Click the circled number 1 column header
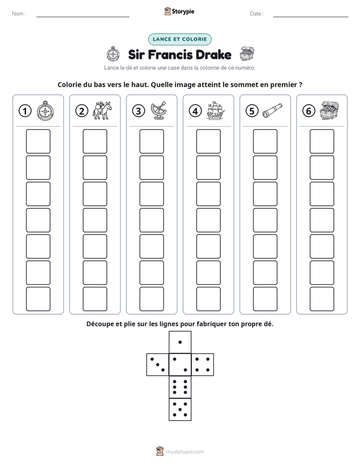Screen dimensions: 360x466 [25, 111]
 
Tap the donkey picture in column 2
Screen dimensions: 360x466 [102, 110]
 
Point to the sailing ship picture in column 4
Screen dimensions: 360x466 [215, 110]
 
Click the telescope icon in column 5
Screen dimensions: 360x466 [272, 110]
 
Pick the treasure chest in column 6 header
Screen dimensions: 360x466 [329, 110]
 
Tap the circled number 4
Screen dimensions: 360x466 [195, 111]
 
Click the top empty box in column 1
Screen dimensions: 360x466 [38, 141]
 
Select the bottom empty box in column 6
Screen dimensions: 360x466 [322, 299]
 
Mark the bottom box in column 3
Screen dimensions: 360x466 [151, 299]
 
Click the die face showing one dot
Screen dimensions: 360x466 [180, 342]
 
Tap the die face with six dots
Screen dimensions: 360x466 [180, 387]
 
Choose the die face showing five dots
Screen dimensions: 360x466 [180, 410]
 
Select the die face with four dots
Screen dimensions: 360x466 [203, 365]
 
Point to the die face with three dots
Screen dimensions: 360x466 [158, 365]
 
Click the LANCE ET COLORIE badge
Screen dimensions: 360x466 [179, 39]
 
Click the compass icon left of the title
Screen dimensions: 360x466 [113, 54]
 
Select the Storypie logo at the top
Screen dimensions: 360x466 [179, 11]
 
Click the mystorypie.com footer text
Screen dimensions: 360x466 [185, 452]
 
